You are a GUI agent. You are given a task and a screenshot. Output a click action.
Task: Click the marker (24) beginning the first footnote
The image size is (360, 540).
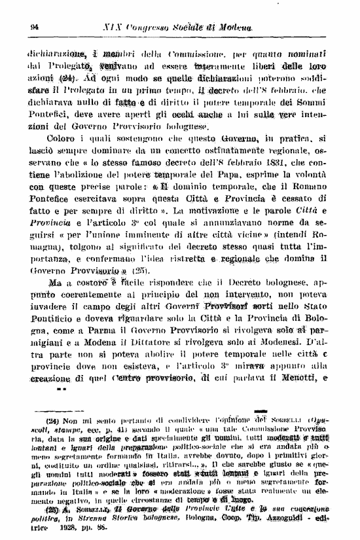point(52,420)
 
